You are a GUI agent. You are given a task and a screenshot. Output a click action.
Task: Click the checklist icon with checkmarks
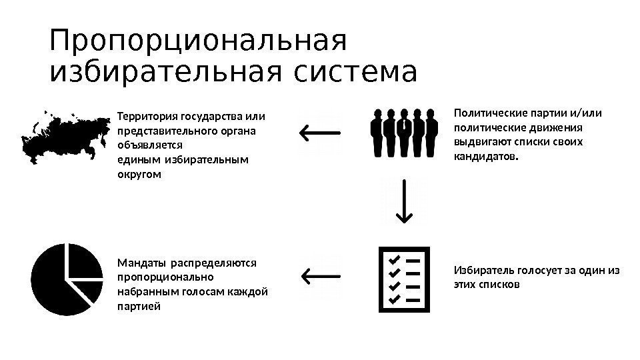point(405,279)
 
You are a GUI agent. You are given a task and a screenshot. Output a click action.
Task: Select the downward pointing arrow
point(404,204)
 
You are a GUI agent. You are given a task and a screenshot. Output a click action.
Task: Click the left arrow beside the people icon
point(320,131)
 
